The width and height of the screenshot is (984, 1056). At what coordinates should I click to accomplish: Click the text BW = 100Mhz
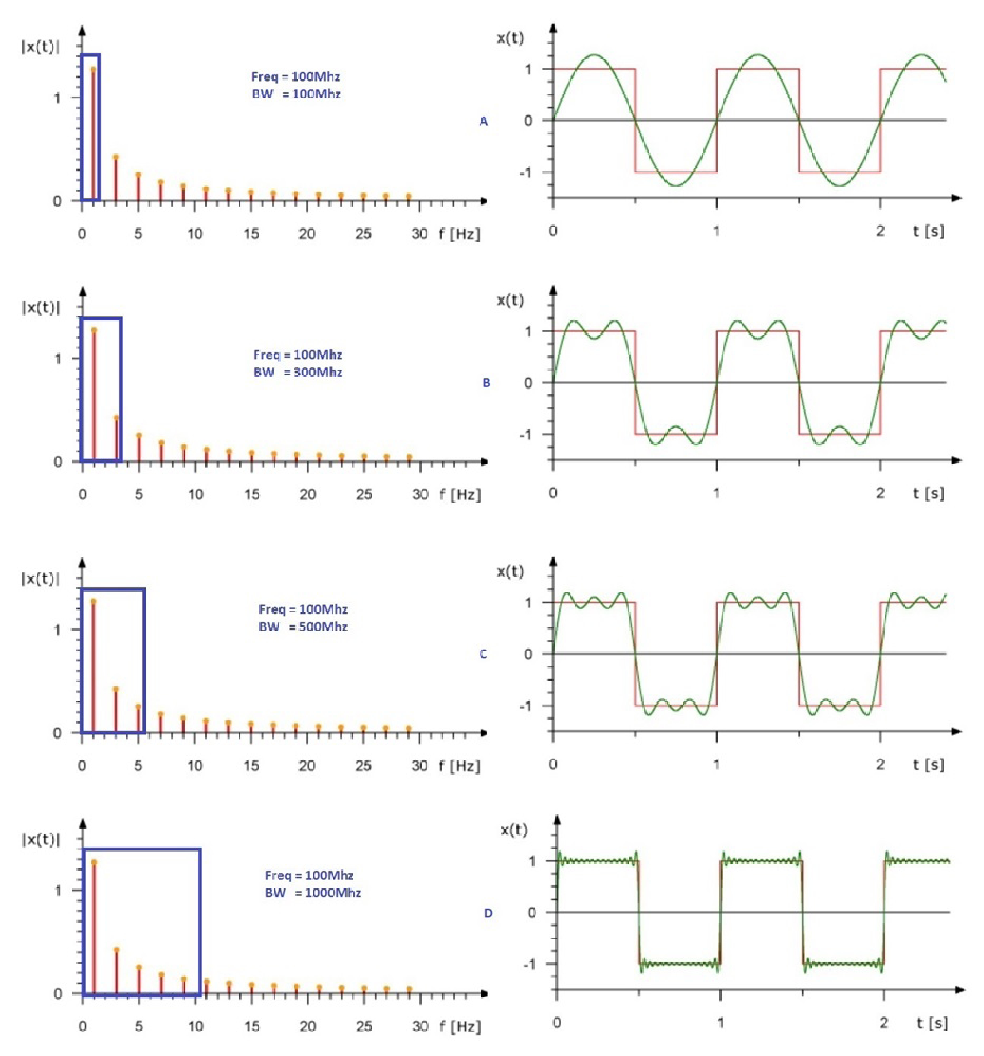(x=296, y=94)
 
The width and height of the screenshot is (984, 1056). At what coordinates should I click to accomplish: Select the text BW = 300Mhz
(x=298, y=373)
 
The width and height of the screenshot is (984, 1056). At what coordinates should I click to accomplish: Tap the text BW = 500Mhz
(x=303, y=627)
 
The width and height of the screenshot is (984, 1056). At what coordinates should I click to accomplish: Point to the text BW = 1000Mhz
(x=313, y=893)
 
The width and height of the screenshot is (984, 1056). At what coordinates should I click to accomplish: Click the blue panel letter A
(x=484, y=121)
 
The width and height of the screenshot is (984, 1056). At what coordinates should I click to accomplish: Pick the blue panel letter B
(x=486, y=383)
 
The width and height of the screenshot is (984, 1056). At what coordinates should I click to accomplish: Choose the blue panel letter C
(x=483, y=654)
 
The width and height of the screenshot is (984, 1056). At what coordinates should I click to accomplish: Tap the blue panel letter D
(x=488, y=913)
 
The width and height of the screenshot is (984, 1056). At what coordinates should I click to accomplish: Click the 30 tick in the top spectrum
(x=419, y=234)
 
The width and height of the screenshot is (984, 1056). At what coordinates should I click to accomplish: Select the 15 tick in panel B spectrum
(x=252, y=495)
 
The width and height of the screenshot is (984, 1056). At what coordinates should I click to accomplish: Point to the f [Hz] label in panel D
(x=460, y=1026)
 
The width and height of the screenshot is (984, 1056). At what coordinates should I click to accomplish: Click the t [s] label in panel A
(x=928, y=231)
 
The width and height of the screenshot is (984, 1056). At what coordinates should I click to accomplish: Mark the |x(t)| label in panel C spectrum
(x=40, y=579)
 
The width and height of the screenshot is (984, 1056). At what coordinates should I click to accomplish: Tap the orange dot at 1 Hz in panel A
(x=93, y=70)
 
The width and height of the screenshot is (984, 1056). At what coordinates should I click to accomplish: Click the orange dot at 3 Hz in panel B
(x=117, y=418)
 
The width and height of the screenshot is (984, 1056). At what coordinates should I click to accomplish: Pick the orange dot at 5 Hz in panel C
(x=138, y=707)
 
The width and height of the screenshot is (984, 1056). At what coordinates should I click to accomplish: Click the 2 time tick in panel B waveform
(x=880, y=493)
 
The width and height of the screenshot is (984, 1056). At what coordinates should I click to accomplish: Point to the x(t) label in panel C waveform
(x=510, y=572)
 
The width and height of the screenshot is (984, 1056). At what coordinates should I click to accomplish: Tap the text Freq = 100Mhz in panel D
(x=309, y=875)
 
